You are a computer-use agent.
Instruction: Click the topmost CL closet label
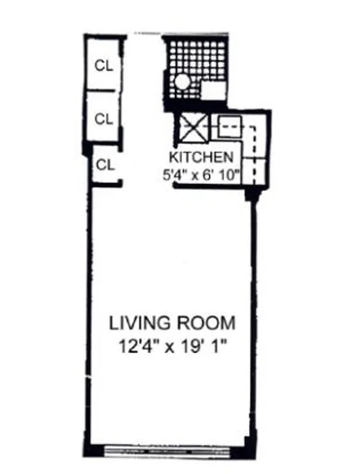104,64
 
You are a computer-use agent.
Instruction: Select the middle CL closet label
104,118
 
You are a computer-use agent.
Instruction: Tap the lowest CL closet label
105,165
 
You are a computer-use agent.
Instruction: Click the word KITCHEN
201,158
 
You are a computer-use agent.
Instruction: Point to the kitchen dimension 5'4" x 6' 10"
201,175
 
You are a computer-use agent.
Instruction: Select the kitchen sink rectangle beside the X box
230,126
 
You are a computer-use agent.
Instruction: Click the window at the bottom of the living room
172,450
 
